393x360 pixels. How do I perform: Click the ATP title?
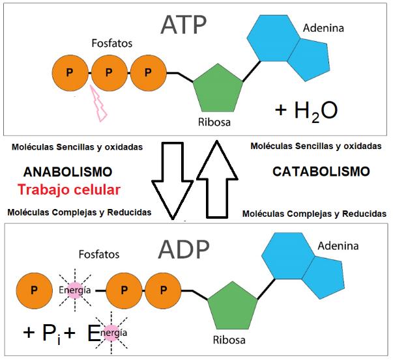click(184, 25)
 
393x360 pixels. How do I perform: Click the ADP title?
click(184, 249)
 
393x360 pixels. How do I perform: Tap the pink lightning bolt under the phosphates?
click(99, 104)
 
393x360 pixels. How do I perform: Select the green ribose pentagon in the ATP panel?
click(218, 89)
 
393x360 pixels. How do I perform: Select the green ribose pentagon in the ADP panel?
click(233, 306)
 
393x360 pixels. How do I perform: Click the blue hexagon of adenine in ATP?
click(273, 38)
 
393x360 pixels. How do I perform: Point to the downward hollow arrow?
click(173, 181)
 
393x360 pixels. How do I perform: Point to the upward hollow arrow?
click(217, 179)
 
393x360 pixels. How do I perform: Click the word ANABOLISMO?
click(68, 172)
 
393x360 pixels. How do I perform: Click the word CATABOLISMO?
click(321, 172)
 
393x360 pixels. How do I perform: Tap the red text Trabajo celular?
click(69, 189)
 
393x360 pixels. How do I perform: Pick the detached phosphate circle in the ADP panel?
click(35, 290)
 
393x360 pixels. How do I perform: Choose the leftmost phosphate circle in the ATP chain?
click(70, 73)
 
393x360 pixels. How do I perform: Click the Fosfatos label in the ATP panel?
click(112, 43)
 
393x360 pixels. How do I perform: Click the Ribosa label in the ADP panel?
click(229, 340)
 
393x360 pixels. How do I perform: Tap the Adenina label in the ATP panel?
click(323, 28)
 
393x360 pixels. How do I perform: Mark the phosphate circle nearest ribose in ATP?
click(149, 73)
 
